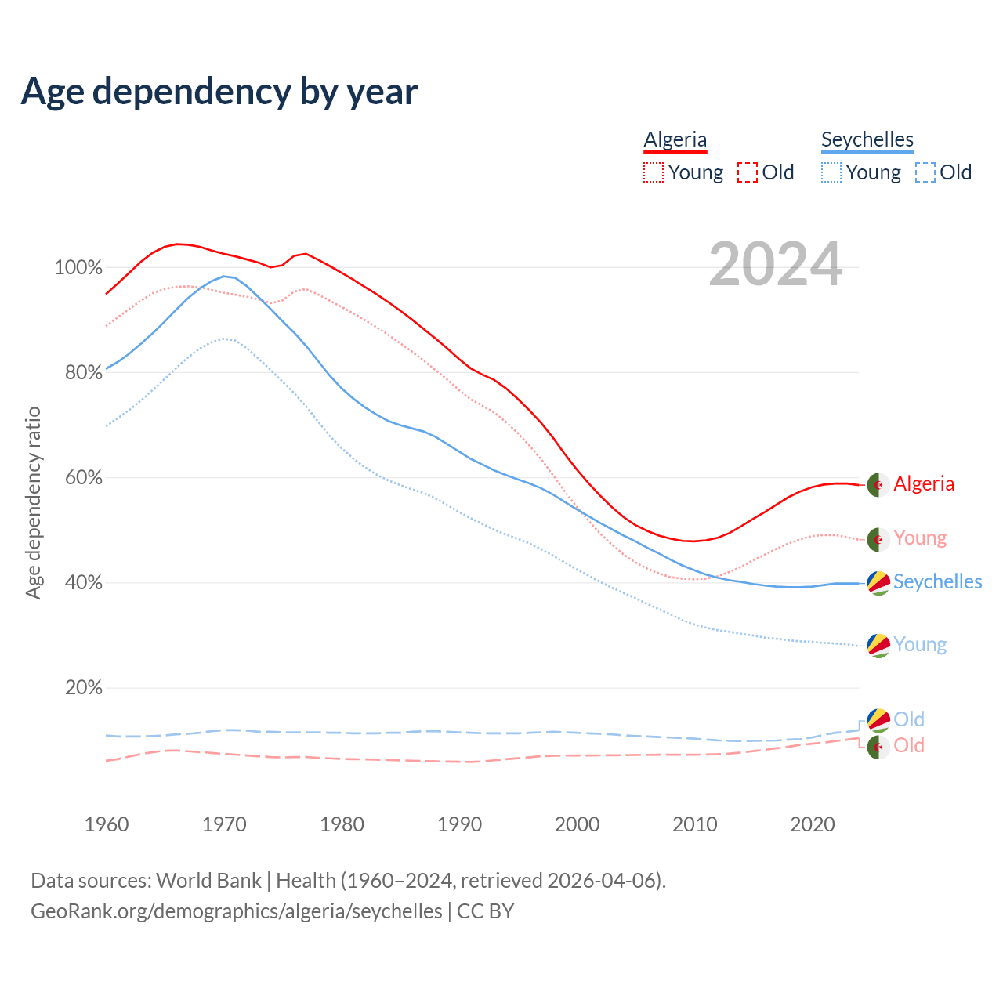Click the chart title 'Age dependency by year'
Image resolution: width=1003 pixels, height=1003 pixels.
pyautogui.click(x=219, y=92)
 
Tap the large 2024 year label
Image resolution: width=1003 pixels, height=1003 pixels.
pyautogui.click(x=776, y=265)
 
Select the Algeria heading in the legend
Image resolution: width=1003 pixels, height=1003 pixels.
pyautogui.click(x=675, y=140)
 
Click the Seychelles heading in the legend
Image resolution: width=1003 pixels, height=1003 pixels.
pyautogui.click(x=867, y=140)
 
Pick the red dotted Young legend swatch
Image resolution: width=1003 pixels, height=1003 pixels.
pyautogui.click(x=654, y=172)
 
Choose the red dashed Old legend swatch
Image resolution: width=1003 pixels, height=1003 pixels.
pyautogui.click(x=748, y=172)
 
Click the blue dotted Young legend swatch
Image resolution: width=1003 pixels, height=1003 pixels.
pyautogui.click(x=831, y=172)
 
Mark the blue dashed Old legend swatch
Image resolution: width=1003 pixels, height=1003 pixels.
pyautogui.click(x=925, y=172)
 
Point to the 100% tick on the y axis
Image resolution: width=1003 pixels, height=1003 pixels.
pyautogui.click(x=78, y=268)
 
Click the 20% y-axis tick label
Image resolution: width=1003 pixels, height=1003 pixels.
pyautogui.click(x=84, y=688)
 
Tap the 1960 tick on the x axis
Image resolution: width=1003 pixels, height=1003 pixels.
pyautogui.click(x=107, y=824)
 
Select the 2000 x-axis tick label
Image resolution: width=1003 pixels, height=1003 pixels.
pyautogui.click(x=578, y=824)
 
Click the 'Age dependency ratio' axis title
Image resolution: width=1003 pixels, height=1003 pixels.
pyautogui.click(x=33, y=502)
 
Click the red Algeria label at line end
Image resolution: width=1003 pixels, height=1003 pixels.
pyautogui.click(x=924, y=484)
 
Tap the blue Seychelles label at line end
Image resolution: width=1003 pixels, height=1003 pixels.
pyautogui.click(x=937, y=582)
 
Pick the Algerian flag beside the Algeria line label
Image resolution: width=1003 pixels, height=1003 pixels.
pyautogui.click(x=878, y=485)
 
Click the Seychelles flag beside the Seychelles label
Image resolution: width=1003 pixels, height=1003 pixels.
pyautogui.click(x=878, y=583)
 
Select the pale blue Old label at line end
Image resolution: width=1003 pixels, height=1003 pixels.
pyautogui.click(x=909, y=719)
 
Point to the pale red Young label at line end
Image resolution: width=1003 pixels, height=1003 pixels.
pyautogui.click(x=920, y=538)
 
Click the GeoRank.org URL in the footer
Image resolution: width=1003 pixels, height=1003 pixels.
pyautogui.click(x=237, y=911)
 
